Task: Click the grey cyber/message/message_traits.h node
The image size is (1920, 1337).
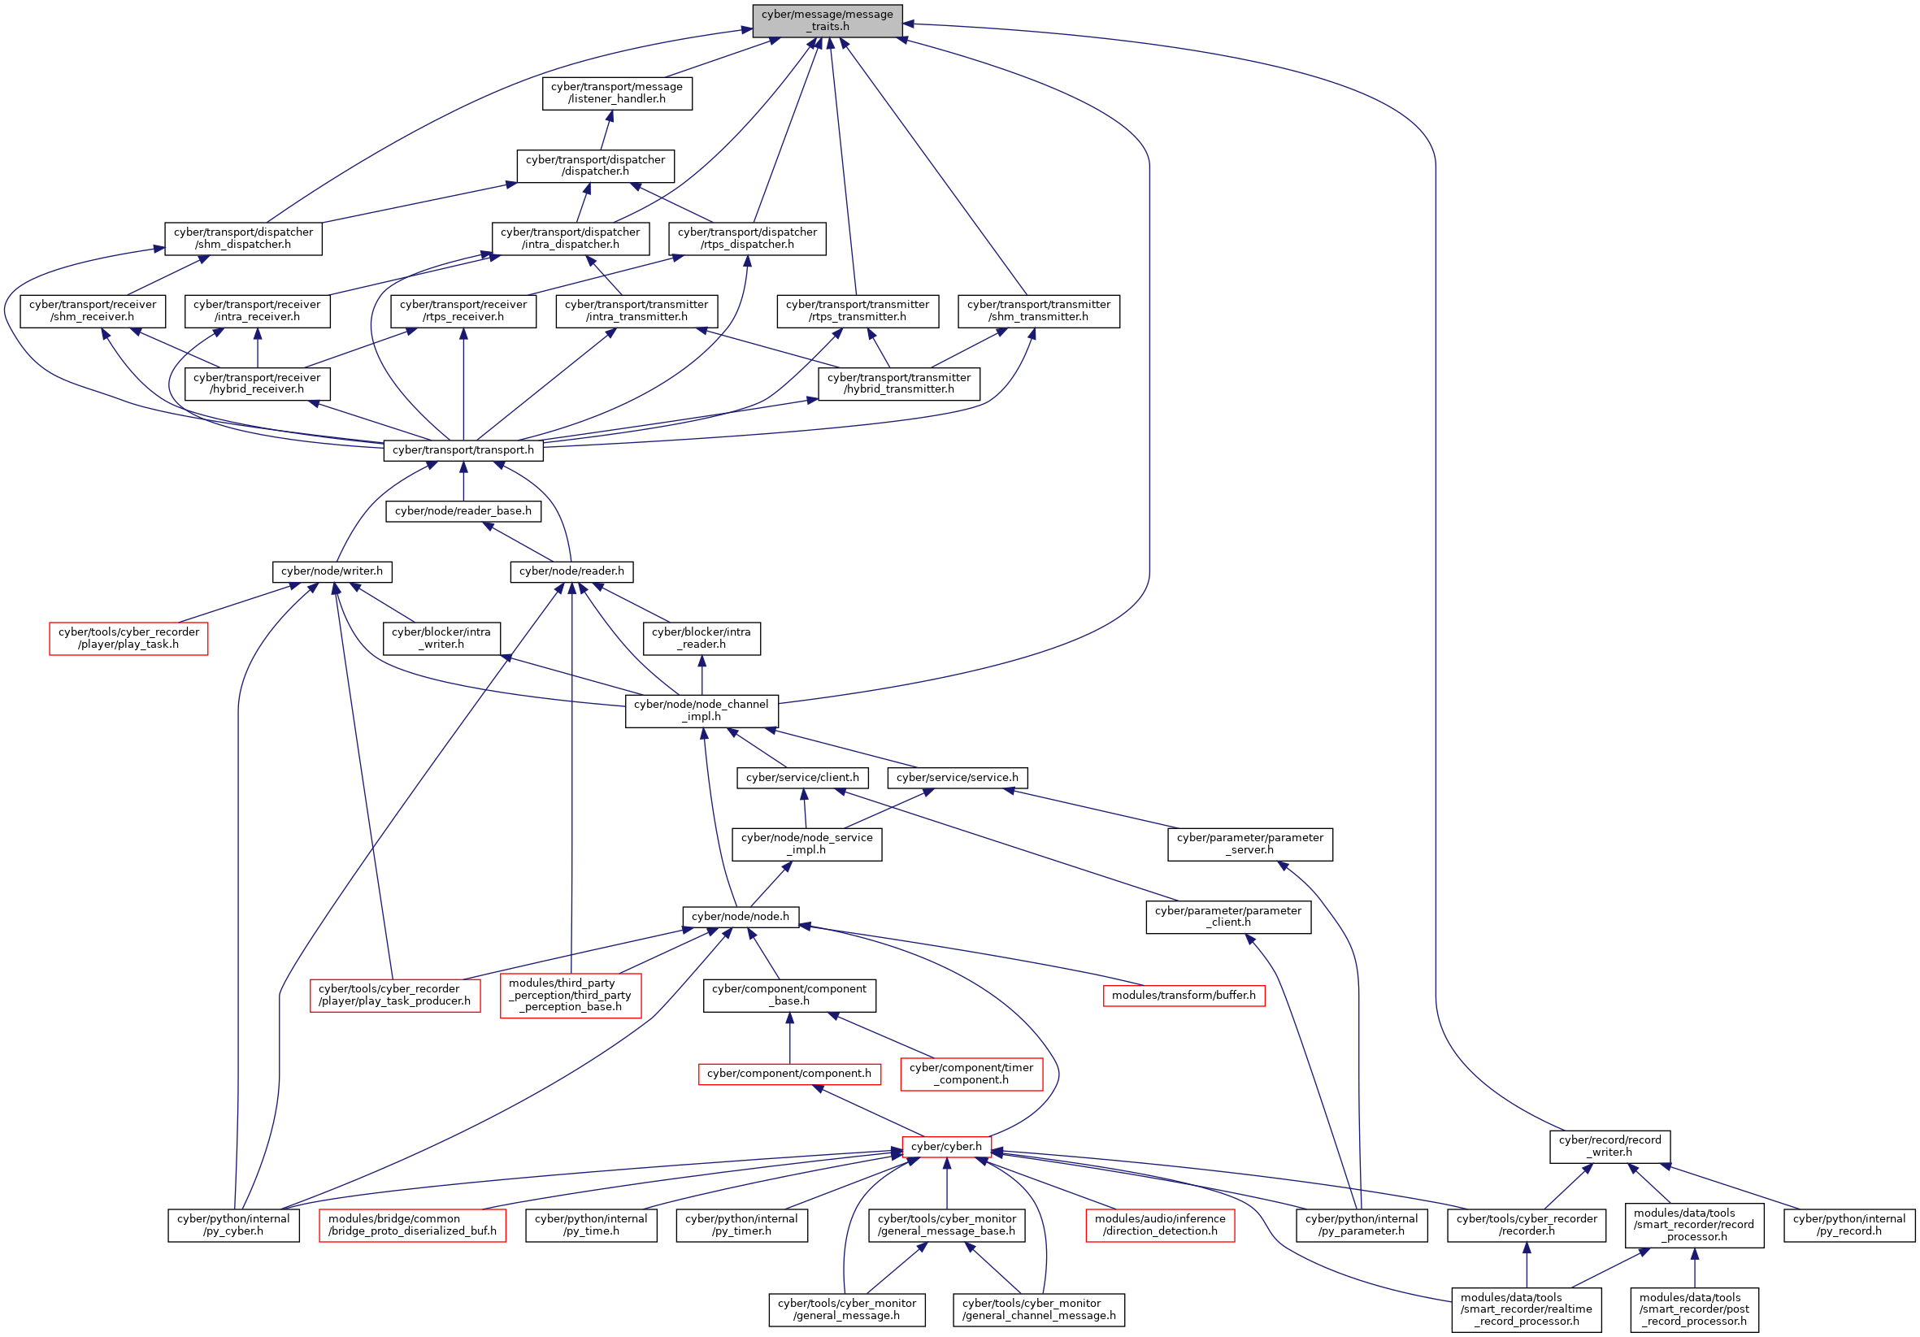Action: coord(827,20)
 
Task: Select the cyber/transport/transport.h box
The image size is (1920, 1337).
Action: coord(463,449)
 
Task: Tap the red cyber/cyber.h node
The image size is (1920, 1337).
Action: coord(946,1146)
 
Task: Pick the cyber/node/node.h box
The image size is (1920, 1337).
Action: coord(740,917)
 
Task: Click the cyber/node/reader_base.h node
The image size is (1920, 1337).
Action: coord(463,511)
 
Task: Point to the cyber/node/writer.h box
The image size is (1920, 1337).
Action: coord(332,571)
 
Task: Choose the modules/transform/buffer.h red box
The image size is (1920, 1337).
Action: coord(1184,995)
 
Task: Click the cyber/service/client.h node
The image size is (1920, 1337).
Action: coord(802,778)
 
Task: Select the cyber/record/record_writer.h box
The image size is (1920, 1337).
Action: coord(1609,1146)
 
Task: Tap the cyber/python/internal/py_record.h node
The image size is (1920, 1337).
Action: coord(1849,1225)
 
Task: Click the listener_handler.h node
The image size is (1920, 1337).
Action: coord(617,93)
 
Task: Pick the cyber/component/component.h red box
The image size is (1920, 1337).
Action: coord(788,1074)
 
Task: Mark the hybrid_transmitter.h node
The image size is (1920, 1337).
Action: coord(899,383)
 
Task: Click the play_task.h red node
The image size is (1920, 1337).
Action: coord(128,638)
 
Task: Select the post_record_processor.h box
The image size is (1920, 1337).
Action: coord(1694,1309)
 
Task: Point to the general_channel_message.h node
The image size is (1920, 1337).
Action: coord(1039,1309)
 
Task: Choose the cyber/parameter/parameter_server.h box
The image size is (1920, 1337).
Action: coord(1249,844)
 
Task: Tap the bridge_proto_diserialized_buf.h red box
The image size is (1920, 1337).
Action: coord(412,1225)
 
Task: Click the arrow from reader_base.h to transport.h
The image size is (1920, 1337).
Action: coord(463,482)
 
